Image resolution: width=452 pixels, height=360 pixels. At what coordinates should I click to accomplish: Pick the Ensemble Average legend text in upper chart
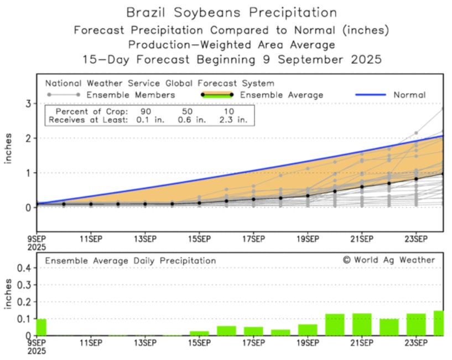click(282, 95)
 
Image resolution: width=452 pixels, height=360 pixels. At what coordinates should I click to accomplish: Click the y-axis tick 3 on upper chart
click(27, 104)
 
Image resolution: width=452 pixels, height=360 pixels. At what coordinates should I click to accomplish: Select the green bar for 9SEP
click(41, 327)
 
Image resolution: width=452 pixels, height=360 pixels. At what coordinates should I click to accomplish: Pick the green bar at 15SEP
click(199, 333)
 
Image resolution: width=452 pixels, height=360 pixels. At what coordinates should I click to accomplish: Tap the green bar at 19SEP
click(308, 330)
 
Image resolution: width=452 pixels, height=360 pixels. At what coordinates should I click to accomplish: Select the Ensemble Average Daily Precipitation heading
click(131, 260)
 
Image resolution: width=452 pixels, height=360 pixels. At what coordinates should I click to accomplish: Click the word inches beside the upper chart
click(9, 148)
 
